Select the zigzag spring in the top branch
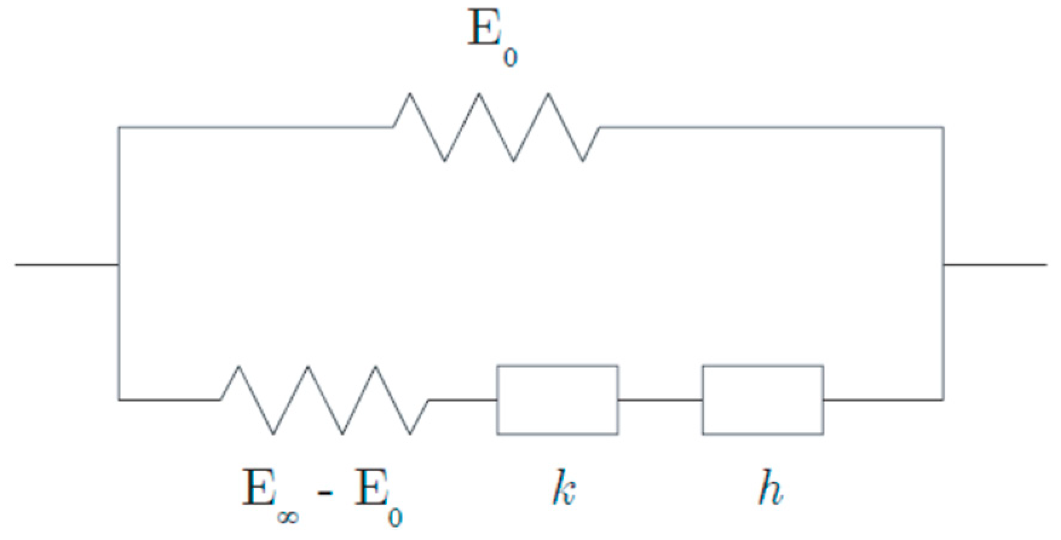[x=497, y=127]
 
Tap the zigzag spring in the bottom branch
[x=325, y=400]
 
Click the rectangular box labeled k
[x=557, y=400]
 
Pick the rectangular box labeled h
[x=762, y=400]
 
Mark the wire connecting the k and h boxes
[x=660, y=400]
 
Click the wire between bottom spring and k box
[x=463, y=400]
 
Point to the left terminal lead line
[x=67, y=265]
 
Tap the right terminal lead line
[x=994, y=265]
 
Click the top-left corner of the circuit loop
[x=119, y=128]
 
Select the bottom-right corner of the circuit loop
[x=943, y=400]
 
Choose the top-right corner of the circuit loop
[x=943, y=128]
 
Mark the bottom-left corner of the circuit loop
[x=119, y=400]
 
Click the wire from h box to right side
[x=883, y=400]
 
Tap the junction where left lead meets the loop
[x=119, y=265]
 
